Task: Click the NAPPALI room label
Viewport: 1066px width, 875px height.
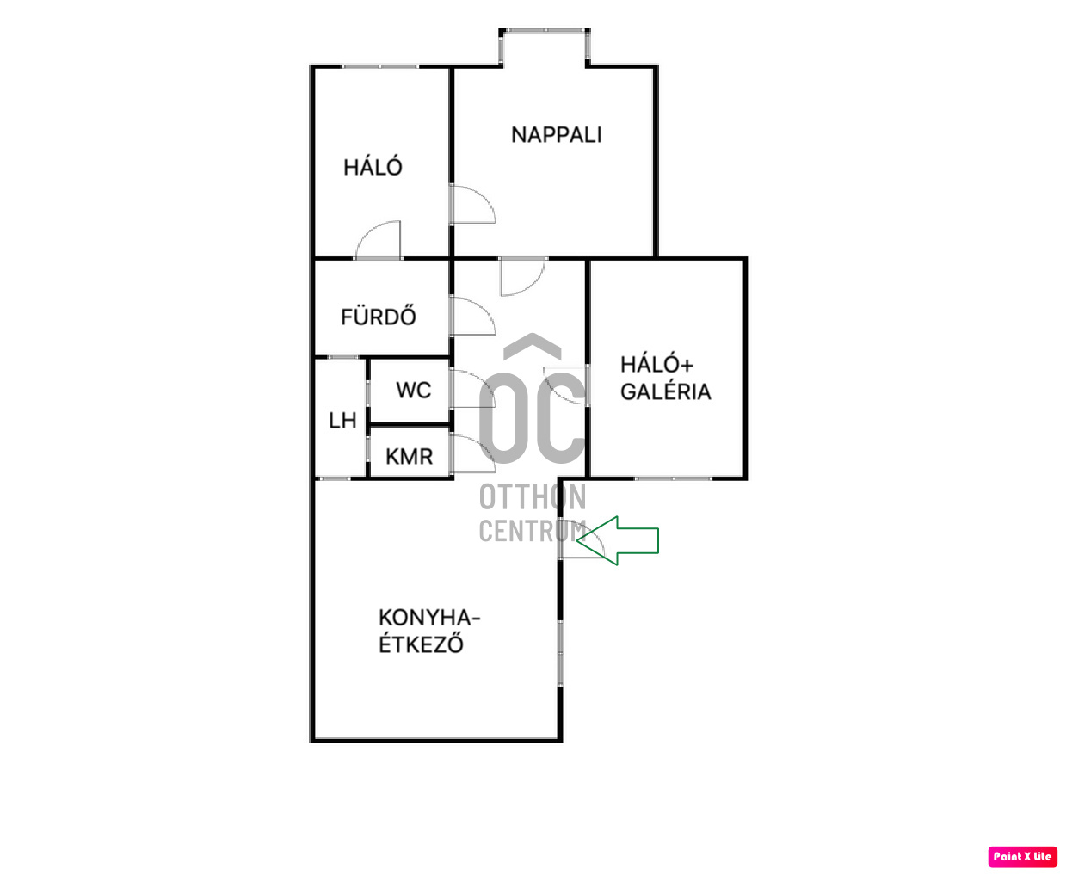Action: tap(556, 134)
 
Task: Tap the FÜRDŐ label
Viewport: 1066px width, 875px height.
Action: tap(378, 317)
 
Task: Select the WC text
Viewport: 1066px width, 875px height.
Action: tap(413, 390)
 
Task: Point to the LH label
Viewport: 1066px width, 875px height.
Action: tap(342, 420)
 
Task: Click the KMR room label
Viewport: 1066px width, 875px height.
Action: tap(409, 456)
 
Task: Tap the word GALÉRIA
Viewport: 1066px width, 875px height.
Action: tap(665, 391)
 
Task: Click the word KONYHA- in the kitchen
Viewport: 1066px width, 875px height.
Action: tap(428, 618)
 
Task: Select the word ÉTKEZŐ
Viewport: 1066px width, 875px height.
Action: tap(421, 644)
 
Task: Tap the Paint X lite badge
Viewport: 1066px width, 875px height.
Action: tap(1022, 856)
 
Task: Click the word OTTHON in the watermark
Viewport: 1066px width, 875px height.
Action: tap(532, 496)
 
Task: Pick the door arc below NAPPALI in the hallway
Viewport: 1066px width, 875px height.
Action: tap(521, 275)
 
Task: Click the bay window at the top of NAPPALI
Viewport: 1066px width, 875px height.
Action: tap(545, 32)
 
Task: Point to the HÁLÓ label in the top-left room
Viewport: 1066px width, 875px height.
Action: tap(372, 167)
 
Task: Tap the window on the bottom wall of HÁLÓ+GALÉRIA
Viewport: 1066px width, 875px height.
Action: tap(673, 478)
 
